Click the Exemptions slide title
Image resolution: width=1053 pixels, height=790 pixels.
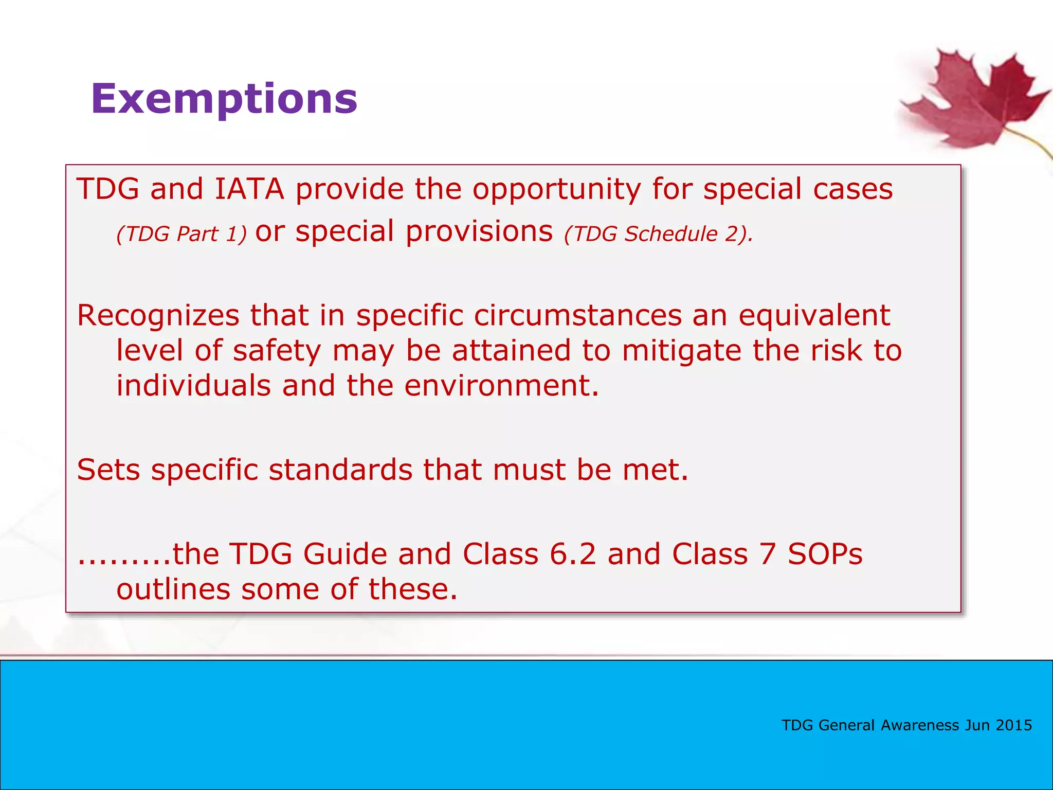click(x=224, y=99)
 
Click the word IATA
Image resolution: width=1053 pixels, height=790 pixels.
click(x=249, y=189)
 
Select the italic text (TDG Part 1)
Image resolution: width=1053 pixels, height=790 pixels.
click(x=181, y=234)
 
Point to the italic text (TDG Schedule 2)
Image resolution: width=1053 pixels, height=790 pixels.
click(x=658, y=234)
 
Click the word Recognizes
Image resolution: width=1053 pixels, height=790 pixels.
click(x=158, y=315)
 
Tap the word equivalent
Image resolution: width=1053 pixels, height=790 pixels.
click(x=814, y=315)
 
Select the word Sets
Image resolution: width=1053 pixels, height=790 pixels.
click(x=108, y=470)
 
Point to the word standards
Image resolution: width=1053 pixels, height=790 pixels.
click(x=340, y=470)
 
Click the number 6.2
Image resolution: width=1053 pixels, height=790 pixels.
click(x=572, y=554)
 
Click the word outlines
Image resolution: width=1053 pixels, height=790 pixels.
click(x=173, y=589)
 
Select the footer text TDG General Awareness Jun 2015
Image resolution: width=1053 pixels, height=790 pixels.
click(x=906, y=725)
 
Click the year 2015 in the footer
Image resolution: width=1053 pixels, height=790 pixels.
click(x=1013, y=725)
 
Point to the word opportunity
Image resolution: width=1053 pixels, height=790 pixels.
click(x=556, y=190)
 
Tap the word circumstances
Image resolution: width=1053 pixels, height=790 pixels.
click(x=577, y=315)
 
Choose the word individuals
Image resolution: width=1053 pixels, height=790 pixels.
click(x=193, y=386)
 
